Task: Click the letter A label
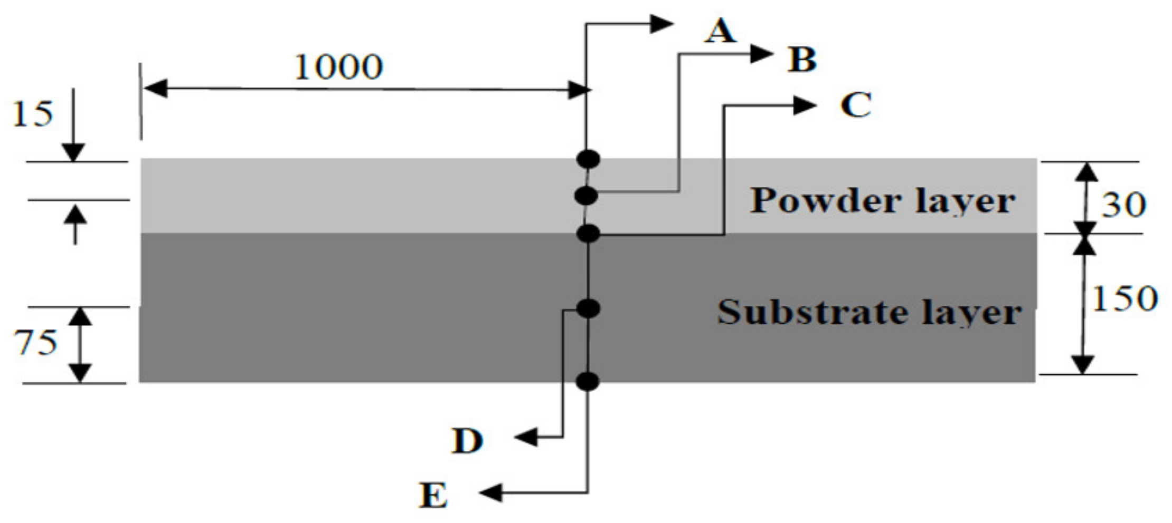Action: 720,31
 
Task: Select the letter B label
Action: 802,59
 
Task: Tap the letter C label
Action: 855,104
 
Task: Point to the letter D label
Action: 467,441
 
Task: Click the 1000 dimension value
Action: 338,67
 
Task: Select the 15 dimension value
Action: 33,114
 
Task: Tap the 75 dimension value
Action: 35,343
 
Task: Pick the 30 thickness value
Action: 1123,205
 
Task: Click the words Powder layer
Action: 883,201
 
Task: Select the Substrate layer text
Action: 869,312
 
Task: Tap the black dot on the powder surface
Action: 588,159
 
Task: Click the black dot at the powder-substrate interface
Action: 588,233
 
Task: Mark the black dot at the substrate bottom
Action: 588,381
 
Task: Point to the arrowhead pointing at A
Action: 661,24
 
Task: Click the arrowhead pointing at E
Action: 491,493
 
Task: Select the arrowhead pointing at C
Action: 805,105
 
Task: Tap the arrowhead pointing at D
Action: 526,437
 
